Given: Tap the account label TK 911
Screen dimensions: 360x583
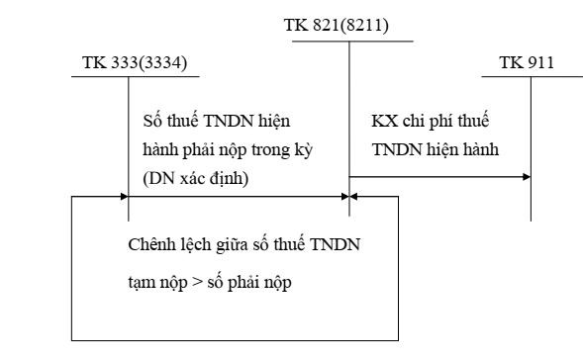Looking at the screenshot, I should point(527,66).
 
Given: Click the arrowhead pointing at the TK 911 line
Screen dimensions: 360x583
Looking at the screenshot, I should point(526,177).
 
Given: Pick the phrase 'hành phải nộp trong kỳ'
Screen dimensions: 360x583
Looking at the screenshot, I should point(214,148).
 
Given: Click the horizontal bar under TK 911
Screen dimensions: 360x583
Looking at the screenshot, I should point(530,78).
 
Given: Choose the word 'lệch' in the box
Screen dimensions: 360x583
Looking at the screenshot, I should point(193,245).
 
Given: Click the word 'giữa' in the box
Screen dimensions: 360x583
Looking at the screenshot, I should point(230,245).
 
